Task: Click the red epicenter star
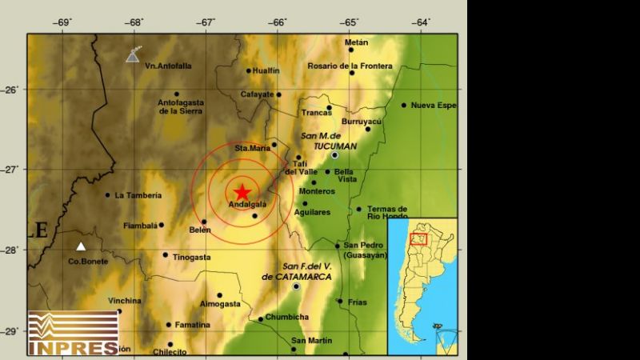pyautogui.click(x=242, y=191)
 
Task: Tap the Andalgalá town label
pyautogui.click(x=247, y=206)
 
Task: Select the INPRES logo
pyautogui.click(x=73, y=333)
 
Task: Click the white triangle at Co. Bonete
pyautogui.click(x=80, y=246)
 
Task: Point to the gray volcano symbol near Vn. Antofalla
pyautogui.click(x=134, y=54)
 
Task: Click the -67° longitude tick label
pyautogui.click(x=207, y=22)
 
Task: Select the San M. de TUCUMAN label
pyautogui.click(x=329, y=141)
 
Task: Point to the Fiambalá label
pyautogui.click(x=139, y=226)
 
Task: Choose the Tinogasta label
pyautogui.click(x=190, y=256)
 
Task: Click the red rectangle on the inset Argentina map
pyautogui.click(x=418, y=238)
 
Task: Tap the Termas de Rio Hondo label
pyautogui.click(x=387, y=212)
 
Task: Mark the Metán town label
pyautogui.click(x=356, y=42)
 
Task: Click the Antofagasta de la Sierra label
pyautogui.click(x=180, y=107)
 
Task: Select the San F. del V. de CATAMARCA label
pyautogui.click(x=295, y=271)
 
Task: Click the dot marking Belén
pyautogui.click(x=204, y=222)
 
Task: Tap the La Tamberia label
pyautogui.click(x=138, y=194)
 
